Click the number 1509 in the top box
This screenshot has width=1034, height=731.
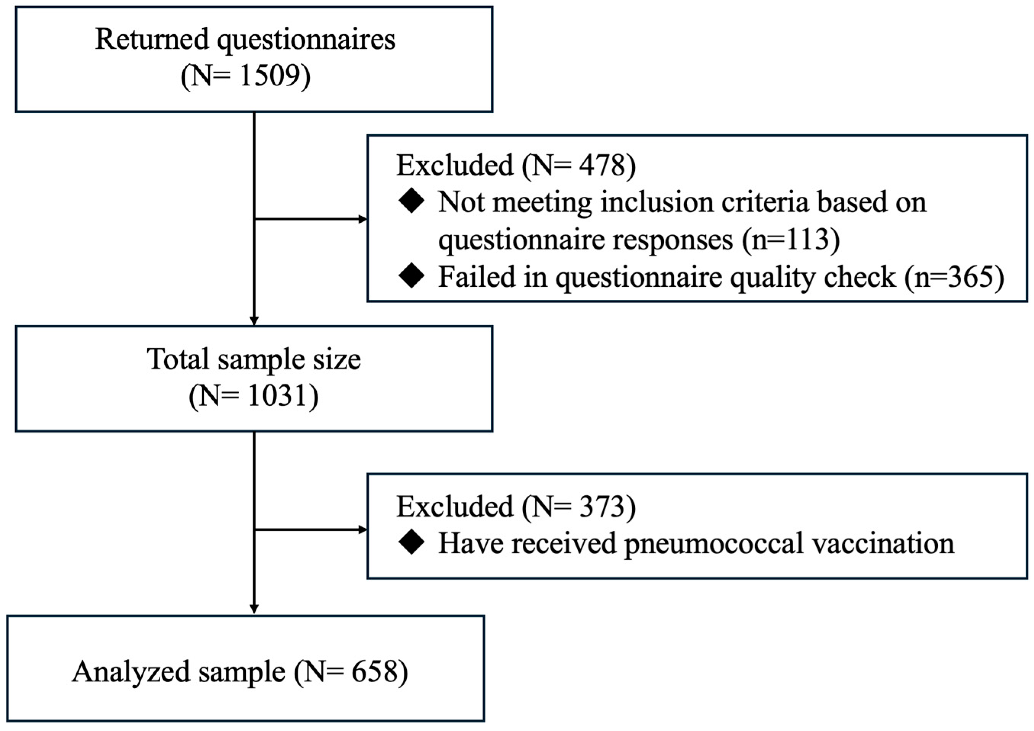pos(269,76)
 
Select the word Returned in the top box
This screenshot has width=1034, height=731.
pos(152,40)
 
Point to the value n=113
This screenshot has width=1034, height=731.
pos(792,239)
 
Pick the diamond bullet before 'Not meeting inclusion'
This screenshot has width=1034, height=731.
pos(412,202)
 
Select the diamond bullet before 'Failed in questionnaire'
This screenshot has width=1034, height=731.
pos(412,276)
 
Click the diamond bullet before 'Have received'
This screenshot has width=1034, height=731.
pos(412,543)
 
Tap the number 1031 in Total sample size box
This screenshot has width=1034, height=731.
pos(277,396)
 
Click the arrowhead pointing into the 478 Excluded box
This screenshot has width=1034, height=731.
pos(363,220)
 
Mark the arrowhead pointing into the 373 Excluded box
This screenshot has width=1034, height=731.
pos(363,530)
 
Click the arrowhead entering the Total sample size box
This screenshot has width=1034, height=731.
pos(254,321)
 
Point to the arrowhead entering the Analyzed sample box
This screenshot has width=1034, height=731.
pos(254,609)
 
